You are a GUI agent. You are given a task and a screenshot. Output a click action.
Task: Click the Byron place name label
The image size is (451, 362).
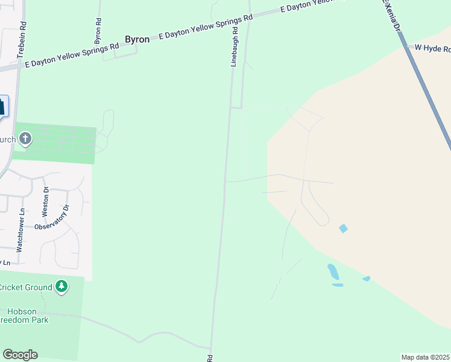click(x=137, y=39)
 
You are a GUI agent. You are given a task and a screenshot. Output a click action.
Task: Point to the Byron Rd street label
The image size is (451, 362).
click(x=98, y=29)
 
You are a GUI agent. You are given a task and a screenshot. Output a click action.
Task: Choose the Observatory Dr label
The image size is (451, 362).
click(x=52, y=220)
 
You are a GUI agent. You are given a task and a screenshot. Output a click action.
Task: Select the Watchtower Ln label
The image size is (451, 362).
click(x=20, y=230)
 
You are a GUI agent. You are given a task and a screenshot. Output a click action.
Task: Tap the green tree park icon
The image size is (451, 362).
click(x=61, y=285)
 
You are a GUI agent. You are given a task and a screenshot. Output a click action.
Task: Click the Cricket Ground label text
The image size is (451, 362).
click(x=25, y=287)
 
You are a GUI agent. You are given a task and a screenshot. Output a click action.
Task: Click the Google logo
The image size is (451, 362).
click(x=20, y=355)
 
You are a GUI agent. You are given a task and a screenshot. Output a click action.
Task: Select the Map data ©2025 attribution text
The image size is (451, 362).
click(x=424, y=357)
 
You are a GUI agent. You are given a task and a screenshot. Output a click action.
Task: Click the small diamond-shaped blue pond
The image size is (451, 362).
click(x=343, y=229)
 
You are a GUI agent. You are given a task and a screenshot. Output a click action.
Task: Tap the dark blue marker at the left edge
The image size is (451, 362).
click(x=2, y=107)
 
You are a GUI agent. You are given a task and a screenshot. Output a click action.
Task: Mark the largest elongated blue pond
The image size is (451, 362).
click(x=332, y=271)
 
